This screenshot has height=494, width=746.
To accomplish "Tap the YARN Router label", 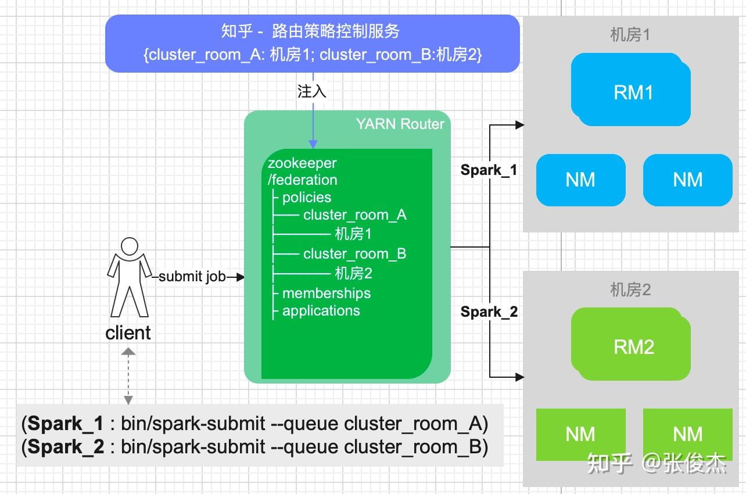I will [x=400, y=124].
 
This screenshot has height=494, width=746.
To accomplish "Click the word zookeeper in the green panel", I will [x=302, y=163].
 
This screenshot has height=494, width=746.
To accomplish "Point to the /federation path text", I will [x=302, y=180].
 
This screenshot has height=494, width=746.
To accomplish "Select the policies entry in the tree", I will [x=306, y=198].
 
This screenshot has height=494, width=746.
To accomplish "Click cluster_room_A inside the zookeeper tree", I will [x=354, y=215].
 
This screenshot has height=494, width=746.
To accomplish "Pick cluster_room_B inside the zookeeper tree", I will [x=354, y=254].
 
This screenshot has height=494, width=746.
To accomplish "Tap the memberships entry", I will [x=326, y=293].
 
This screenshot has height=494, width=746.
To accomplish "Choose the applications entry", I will [x=321, y=310].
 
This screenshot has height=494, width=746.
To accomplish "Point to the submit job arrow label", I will [x=192, y=277].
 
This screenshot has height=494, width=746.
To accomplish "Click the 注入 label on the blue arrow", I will [x=312, y=91].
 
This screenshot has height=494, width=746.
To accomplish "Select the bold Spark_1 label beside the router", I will [x=489, y=170].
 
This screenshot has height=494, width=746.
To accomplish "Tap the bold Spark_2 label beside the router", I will [x=489, y=312].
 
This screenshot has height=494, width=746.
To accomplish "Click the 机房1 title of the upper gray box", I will [x=630, y=35].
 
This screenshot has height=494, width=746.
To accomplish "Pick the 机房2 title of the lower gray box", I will [x=630, y=289].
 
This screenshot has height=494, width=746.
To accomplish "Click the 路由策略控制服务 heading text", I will [x=336, y=31].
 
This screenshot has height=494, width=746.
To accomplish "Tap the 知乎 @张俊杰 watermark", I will [x=657, y=463].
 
